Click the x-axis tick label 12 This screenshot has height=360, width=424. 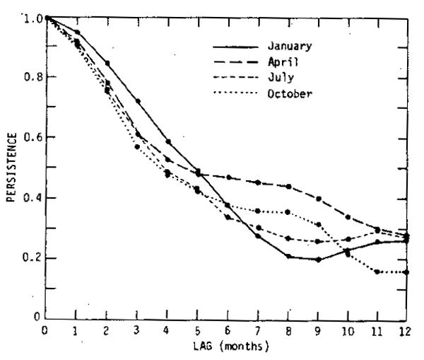pos(404,331)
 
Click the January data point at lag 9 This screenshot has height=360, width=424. pos(319,260)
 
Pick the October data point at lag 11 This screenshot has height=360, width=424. pos(378,272)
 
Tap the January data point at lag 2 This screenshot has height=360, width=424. pos(107,63)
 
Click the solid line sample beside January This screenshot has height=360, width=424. pos(235,47)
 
